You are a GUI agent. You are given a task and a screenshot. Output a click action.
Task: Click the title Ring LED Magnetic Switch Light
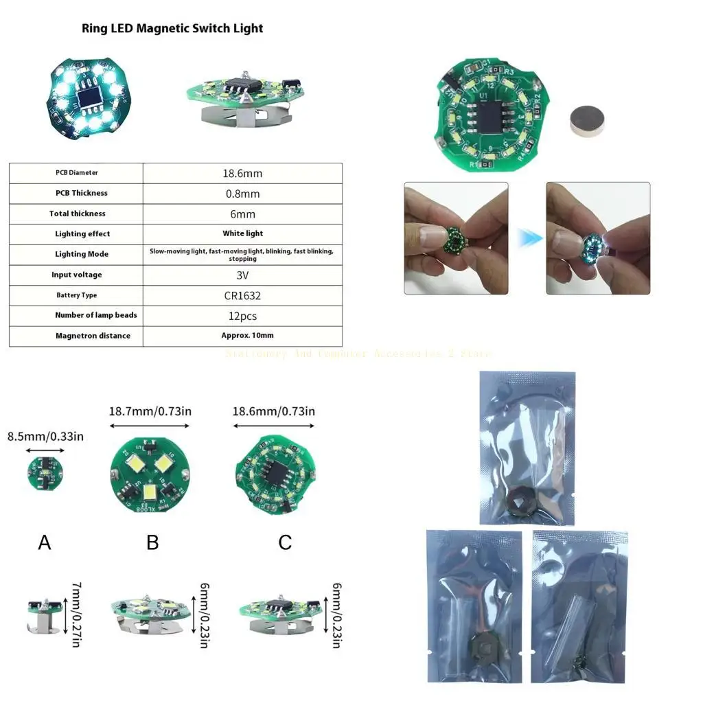point(172,28)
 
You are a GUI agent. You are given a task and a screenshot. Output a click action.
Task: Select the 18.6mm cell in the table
point(242,173)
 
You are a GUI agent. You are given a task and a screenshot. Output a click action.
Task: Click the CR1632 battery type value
point(242,295)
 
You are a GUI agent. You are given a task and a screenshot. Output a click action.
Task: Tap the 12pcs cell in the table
point(242,315)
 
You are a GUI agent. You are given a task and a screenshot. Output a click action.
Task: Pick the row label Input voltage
point(77,275)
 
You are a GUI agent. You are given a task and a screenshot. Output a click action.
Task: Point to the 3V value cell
point(242,275)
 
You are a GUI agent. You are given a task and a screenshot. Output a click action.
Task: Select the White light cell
point(242,233)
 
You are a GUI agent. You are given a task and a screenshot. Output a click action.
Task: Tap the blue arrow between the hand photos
point(527,238)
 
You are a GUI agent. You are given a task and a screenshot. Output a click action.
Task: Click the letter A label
point(45,543)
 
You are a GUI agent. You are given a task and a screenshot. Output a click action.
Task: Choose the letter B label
point(152,543)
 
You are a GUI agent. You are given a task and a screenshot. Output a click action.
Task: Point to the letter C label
point(286,543)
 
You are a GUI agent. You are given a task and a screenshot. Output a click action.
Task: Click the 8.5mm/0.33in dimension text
point(45,436)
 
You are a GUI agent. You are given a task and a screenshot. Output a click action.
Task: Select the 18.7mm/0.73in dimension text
point(150,411)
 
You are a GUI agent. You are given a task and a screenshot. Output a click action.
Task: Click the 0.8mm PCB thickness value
point(242,194)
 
